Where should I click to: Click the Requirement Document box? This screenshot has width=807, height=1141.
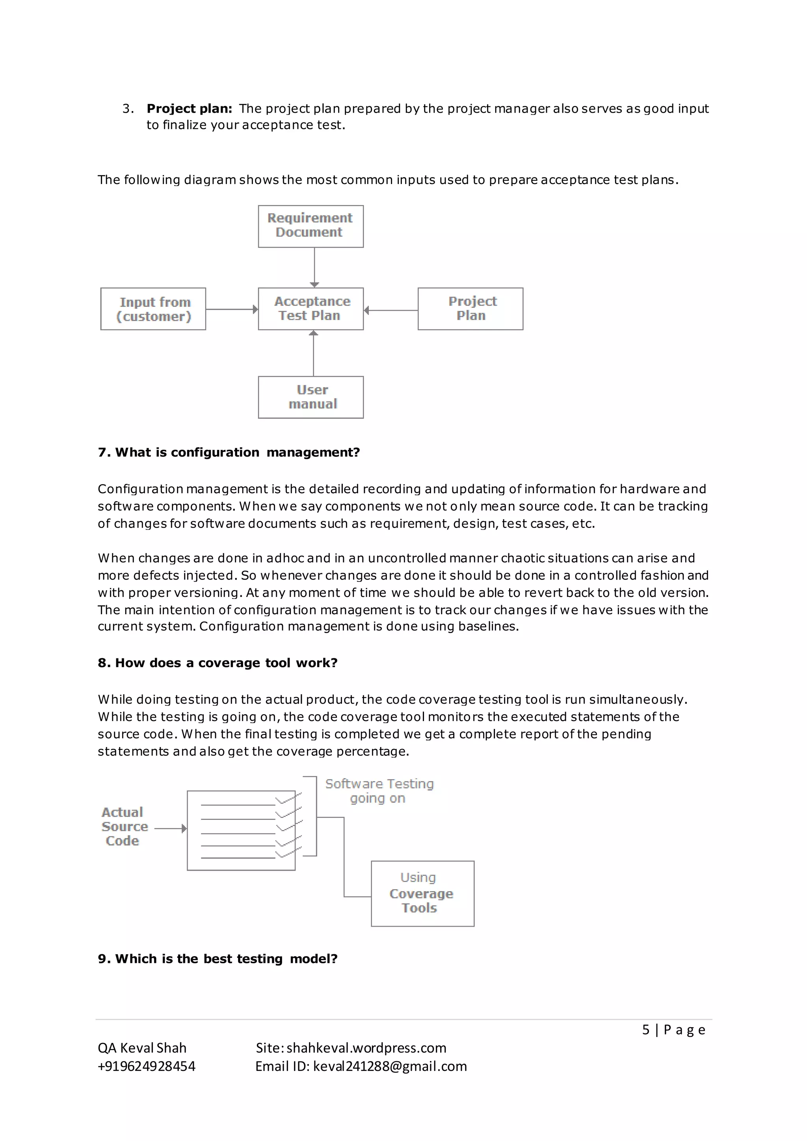[x=311, y=226]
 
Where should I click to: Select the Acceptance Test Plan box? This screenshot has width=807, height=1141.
[x=311, y=308]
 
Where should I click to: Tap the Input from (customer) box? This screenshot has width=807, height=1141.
[x=153, y=308]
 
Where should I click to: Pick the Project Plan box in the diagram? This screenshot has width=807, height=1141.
[x=470, y=308]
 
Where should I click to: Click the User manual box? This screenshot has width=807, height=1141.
[x=311, y=397]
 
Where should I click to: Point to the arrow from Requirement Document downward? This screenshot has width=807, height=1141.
[x=314, y=267]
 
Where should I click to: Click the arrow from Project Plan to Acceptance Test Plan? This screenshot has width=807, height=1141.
[x=390, y=310]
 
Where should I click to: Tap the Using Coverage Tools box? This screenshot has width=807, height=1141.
[x=422, y=894]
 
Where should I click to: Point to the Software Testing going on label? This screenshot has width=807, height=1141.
[x=379, y=791]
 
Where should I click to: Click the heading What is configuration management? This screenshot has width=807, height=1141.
[x=229, y=452]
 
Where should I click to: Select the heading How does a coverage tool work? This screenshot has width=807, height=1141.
[x=218, y=663]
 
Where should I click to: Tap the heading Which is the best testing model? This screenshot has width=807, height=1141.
[x=218, y=959]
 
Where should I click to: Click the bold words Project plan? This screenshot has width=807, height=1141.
[x=189, y=109]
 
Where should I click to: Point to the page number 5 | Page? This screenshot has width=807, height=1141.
[x=673, y=1029]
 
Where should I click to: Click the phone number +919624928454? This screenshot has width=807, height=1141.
[x=147, y=1066]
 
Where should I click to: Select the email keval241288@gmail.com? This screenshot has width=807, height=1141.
[x=390, y=1066]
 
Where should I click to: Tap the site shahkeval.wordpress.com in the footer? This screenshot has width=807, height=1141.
[x=366, y=1048]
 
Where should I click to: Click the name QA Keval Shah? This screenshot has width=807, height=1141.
[x=142, y=1048]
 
